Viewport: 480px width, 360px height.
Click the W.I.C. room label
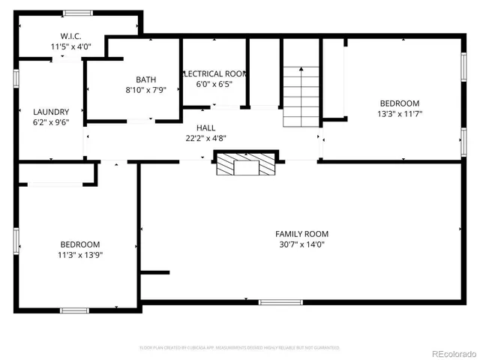(x=70, y=36)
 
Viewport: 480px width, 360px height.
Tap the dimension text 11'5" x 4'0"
(x=70, y=46)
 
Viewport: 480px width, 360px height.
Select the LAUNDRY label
(x=51, y=112)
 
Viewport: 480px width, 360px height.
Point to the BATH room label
(x=145, y=80)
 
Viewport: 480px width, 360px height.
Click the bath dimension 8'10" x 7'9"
(x=145, y=91)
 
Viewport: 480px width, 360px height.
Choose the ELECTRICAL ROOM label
(x=214, y=73)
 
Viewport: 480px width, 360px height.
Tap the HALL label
(x=206, y=128)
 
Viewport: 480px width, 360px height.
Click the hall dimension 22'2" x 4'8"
(x=206, y=138)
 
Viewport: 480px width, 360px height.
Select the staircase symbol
(x=301, y=96)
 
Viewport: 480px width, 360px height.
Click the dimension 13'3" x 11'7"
(x=399, y=114)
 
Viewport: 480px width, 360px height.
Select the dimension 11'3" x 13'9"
(x=80, y=255)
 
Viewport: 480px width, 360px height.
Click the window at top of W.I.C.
(x=78, y=13)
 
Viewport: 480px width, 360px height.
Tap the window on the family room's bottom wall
(x=280, y=302)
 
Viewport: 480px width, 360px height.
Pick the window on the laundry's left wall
(x=16, y=79)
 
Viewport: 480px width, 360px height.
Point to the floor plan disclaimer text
(x=240, y=347)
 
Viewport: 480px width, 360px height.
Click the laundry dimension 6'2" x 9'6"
(x=51, y=122)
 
